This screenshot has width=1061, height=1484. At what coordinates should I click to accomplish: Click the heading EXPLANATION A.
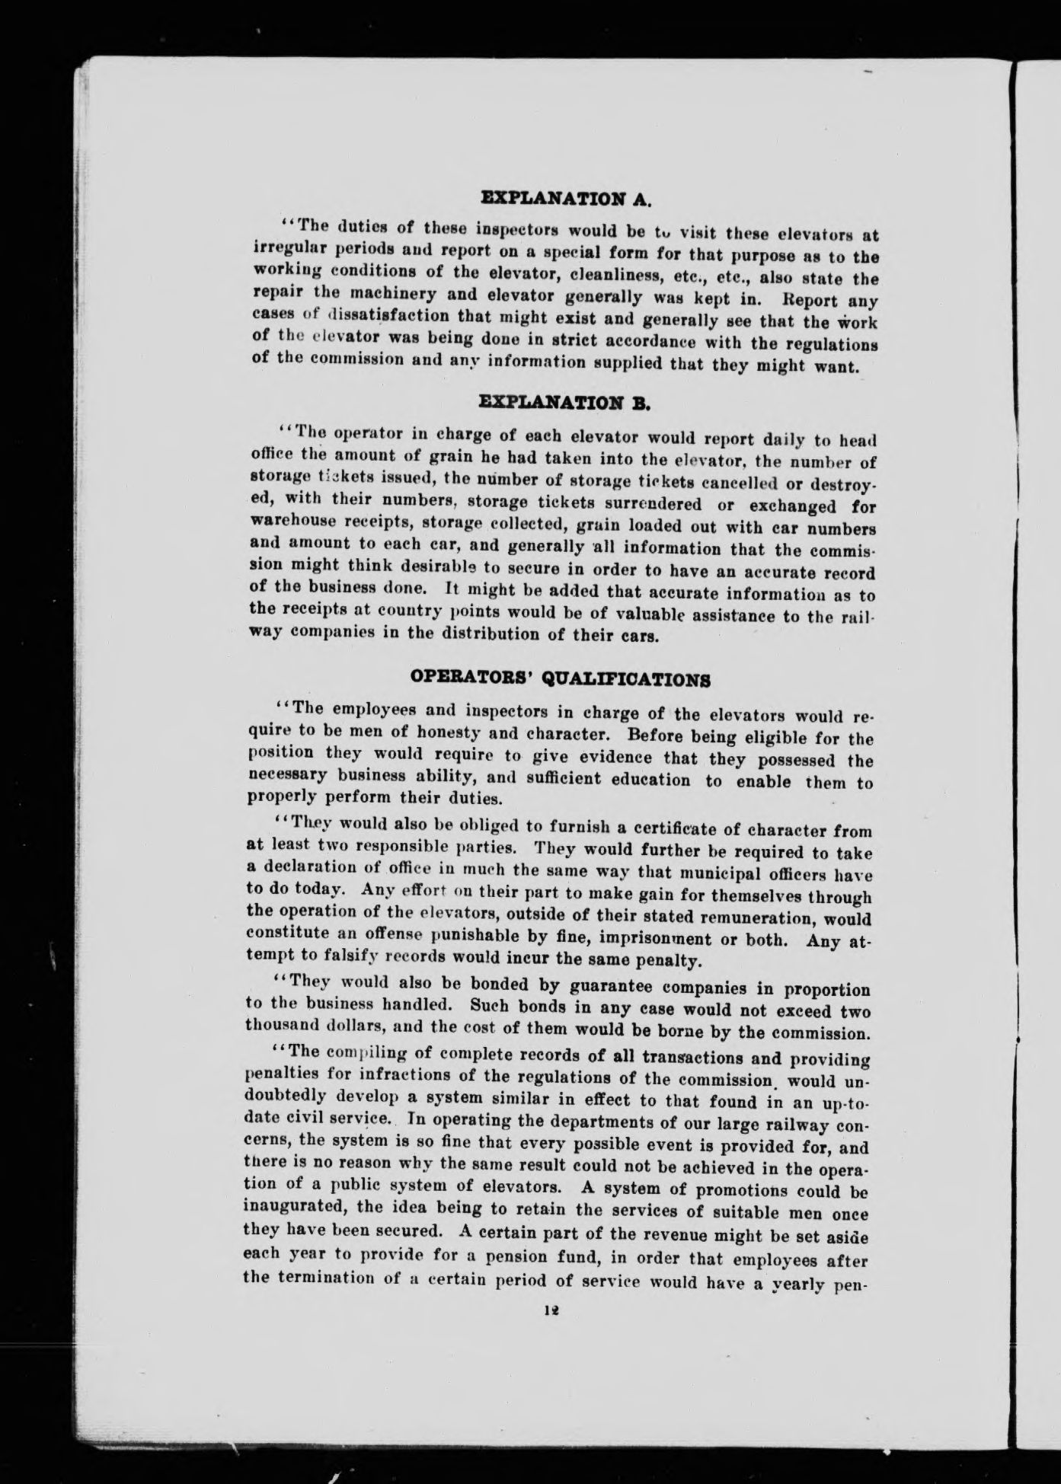[567, 199]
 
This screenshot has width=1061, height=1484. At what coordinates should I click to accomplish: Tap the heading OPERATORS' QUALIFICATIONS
[561, 678]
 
